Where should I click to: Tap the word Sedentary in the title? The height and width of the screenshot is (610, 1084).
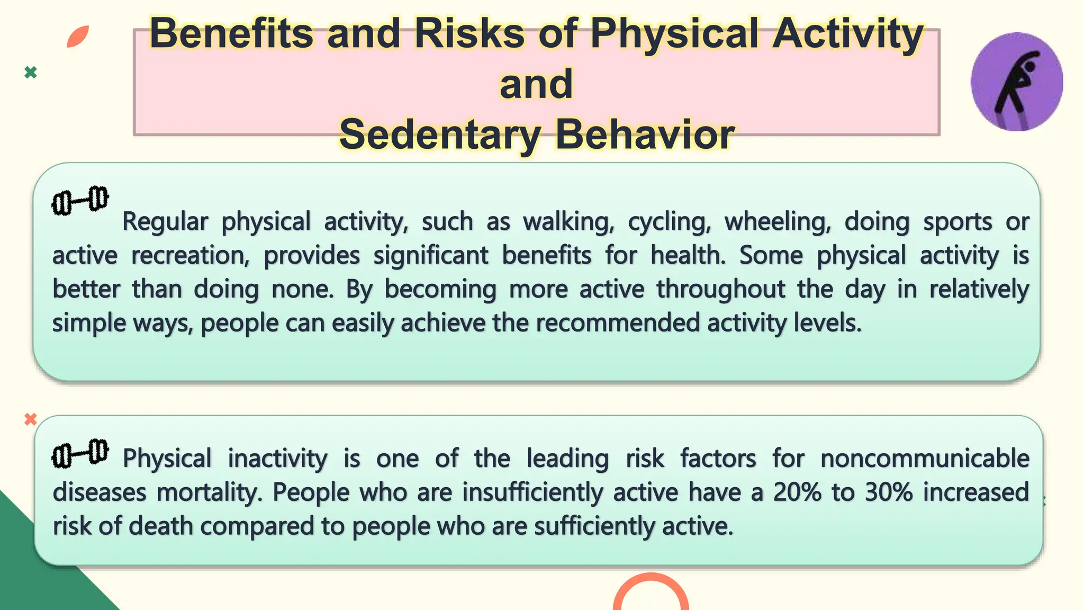[x=440, y=134]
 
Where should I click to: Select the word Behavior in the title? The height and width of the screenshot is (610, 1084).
[x=645, y=134]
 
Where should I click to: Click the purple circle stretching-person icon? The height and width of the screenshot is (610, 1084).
[x=1016, y=82]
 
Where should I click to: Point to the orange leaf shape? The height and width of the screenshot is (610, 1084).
[x=78, y=37]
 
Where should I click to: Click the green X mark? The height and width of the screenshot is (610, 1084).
[x=31, y=73]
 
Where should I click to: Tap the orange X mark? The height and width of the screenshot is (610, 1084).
[x=31, y=419]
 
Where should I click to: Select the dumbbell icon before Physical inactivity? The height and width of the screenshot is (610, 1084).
[x=80, y=453]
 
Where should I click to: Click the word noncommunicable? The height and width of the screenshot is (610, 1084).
[x=924, y=459]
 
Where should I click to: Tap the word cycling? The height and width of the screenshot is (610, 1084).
[x=670, y=222]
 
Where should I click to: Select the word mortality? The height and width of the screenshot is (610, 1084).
[x=210, y=492]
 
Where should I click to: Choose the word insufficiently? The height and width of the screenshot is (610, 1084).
[x=532, y=492]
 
